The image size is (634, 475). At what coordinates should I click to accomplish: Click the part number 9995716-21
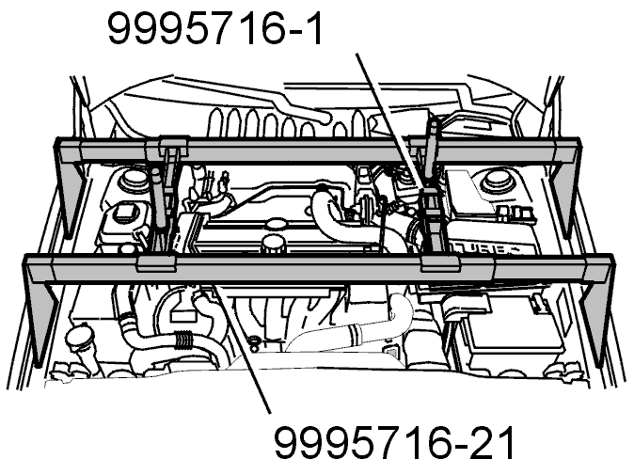click(395, 442)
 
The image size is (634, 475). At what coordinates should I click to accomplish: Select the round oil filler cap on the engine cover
click(273, 244)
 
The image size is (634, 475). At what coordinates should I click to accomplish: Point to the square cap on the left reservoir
click(123, 211)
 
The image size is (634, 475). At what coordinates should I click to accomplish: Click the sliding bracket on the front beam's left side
click(156, 263)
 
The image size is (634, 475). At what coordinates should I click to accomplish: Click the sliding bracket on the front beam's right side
click(440, 263)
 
